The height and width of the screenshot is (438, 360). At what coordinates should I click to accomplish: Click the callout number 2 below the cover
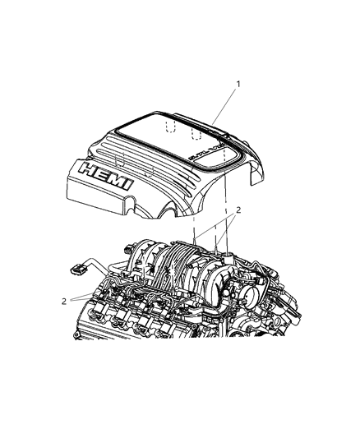click(x=239, y=210)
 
